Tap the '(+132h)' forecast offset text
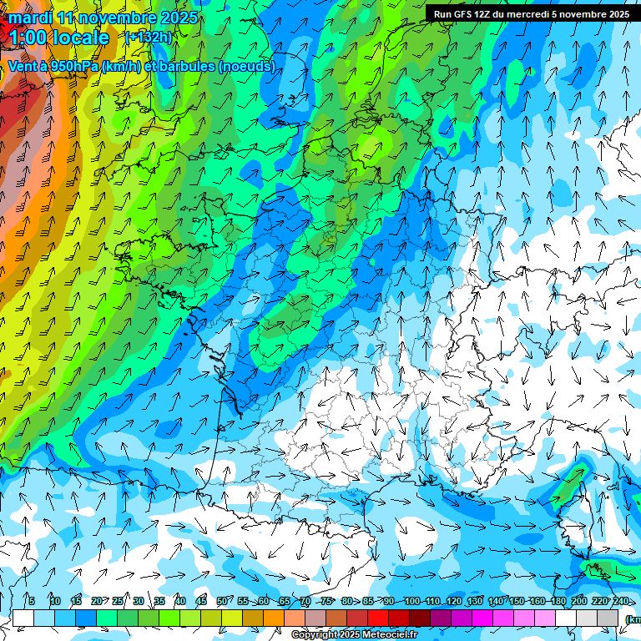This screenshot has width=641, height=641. (x=148, y=37)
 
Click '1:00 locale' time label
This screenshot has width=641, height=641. (x=58, y=38)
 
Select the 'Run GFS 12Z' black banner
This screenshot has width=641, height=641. (x=531, y=14)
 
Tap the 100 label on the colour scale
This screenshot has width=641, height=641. (x=411, y=601)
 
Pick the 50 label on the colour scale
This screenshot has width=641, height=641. (x=221, y=601)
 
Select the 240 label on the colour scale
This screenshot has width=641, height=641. (x=621, y=601)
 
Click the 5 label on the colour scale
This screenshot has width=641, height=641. (x=31, y=601)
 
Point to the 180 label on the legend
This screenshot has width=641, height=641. (x=557, y=601)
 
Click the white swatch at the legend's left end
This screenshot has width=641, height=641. (x=23, y=618)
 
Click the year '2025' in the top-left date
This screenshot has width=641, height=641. (x=178, y=18)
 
